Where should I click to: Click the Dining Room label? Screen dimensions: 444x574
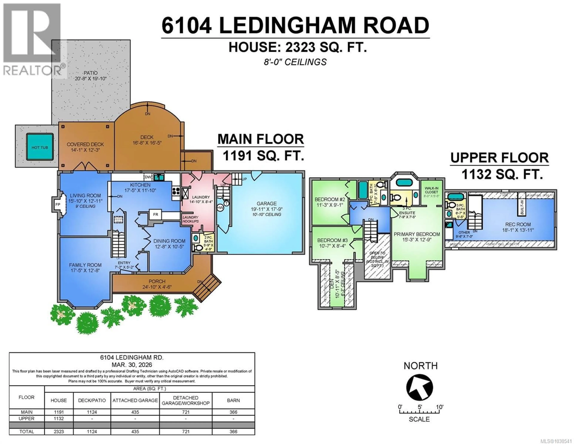tap(169, 241)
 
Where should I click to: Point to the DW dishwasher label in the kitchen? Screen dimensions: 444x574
tap(148, 177)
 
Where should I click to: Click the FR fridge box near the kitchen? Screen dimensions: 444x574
tap(156, 214)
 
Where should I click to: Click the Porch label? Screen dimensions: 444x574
tap(157, 281)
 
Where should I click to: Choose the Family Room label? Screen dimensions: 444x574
tap(85, 265)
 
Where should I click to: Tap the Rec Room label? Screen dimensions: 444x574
tap(518, 224)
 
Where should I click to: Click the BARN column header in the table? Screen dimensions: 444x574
tap(233, 400)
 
